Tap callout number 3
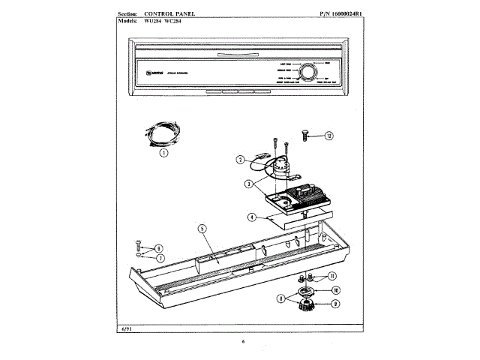[248, 184]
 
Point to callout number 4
[253, 217]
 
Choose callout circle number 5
[202, 229]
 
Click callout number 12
[328, 136]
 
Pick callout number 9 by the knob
[334, 303]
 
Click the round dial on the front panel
[307, 73]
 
